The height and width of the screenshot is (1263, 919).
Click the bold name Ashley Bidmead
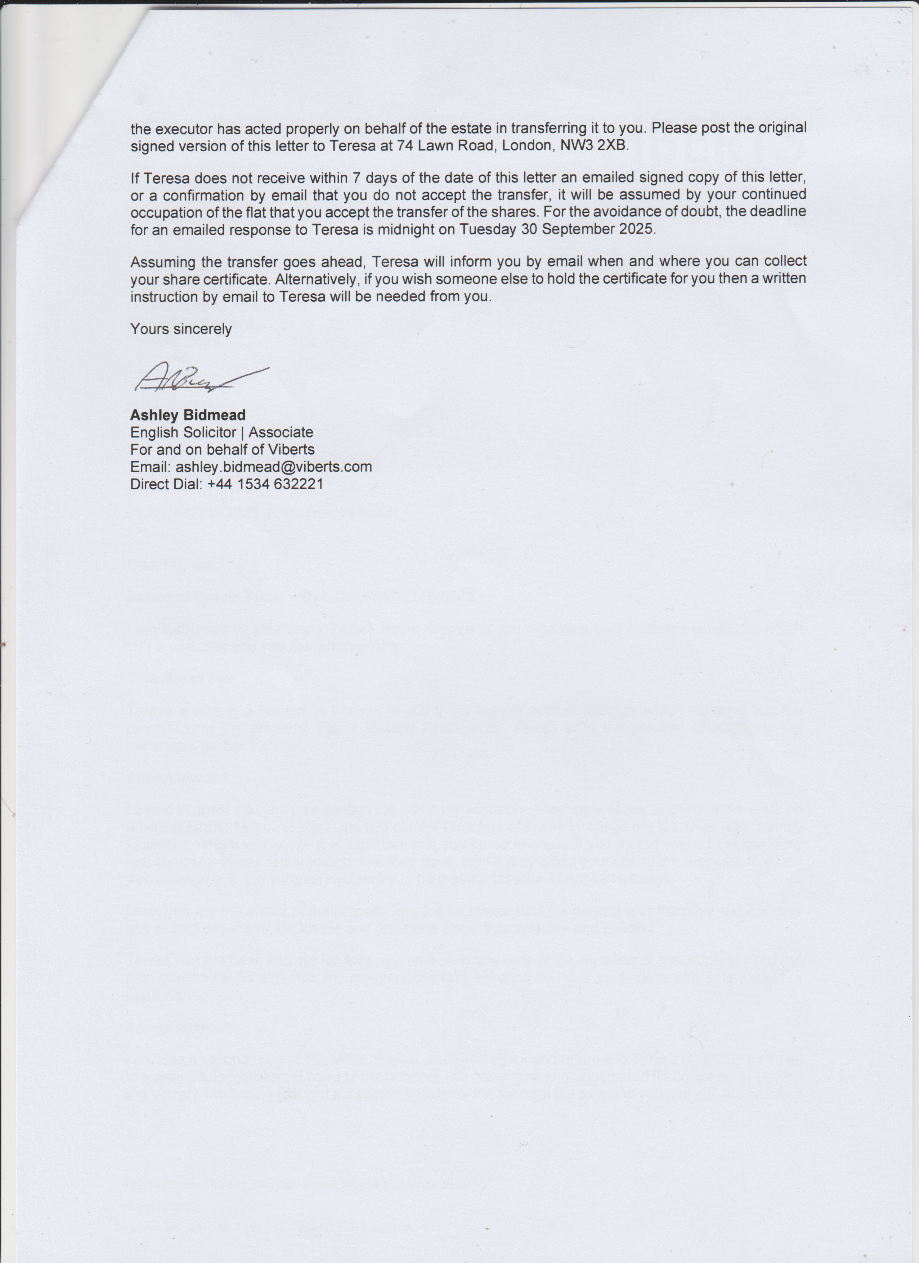point(188,415)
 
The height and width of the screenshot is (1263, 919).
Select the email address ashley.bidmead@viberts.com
point(273,467)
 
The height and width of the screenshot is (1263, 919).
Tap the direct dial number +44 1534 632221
point(265,484)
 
